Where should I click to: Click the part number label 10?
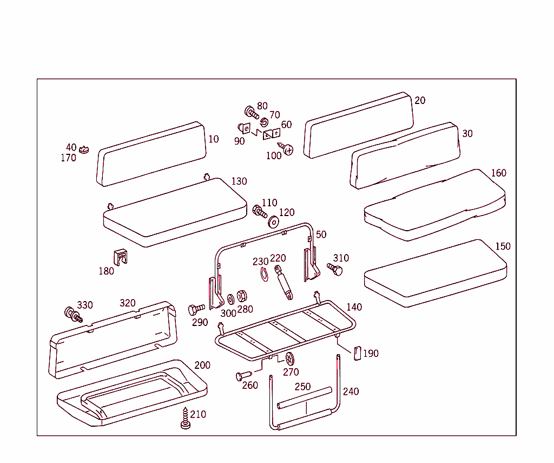tap(214, 139)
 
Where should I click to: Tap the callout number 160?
tap(498, 173)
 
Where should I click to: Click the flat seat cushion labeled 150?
tap(435, 273)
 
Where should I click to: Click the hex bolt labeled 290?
tap(195, 310)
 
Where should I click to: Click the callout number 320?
tap(128, 303)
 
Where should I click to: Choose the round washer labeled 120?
tap(273, 221)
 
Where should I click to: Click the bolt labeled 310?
tap(335, 269)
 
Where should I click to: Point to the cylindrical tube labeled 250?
tap(304, 398)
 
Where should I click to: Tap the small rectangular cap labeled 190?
tap(357, 353)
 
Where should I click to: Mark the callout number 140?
tap(354, 307)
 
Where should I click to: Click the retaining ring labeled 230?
tap(263, 275)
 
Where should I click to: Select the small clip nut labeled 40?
tap(84, 148)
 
